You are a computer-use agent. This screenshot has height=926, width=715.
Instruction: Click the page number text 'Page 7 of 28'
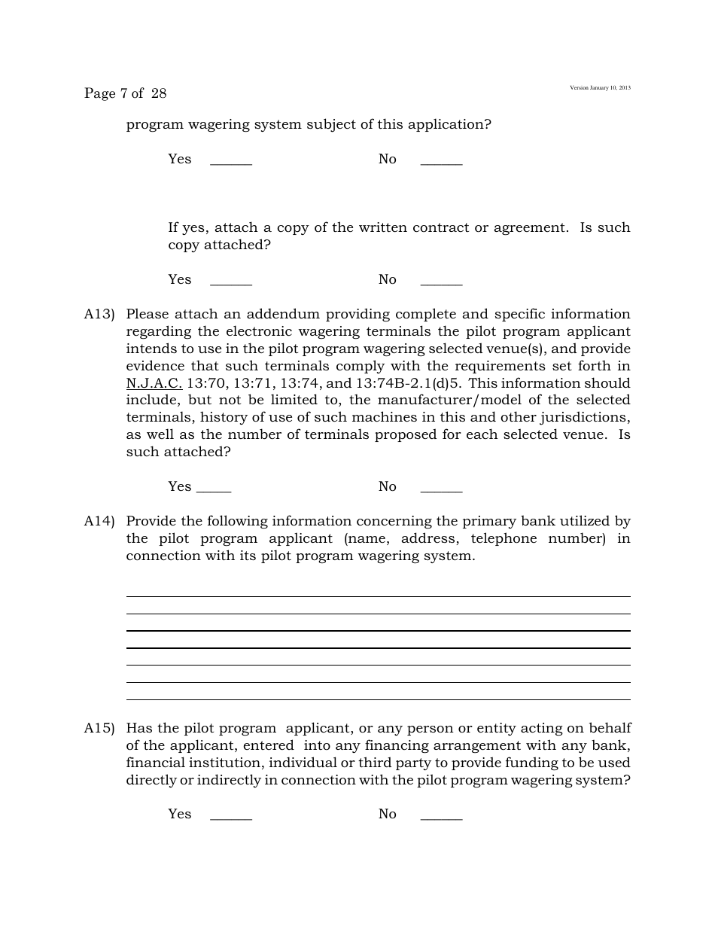click(x=125, y=93)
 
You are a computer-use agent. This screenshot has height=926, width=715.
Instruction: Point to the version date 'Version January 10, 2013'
click(x=600, y=88)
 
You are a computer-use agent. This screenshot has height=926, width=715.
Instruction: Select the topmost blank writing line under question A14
click(x=378, y=596)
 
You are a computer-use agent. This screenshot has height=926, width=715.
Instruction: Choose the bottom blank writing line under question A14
click(x=378, y=699)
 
